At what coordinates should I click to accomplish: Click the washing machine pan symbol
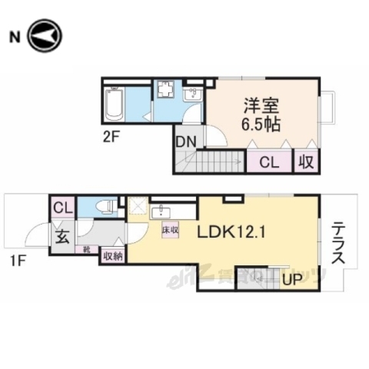pyautogui.click(x=165, y=92)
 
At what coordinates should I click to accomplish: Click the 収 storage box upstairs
pyautogui.click(x=307, y=163)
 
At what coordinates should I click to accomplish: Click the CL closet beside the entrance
pyautogui.click(x=62, y=207)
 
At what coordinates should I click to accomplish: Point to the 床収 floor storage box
pyautogui.click(x=169, y=229)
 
